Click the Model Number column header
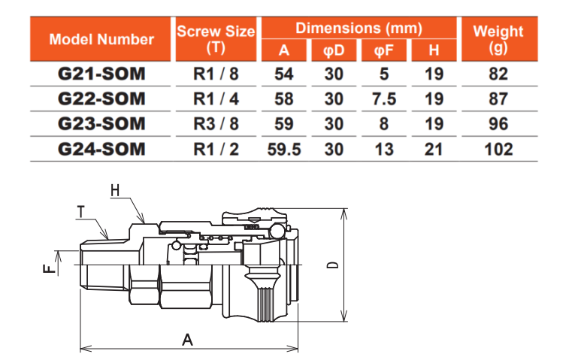pyautogui.click(x=101, y=40)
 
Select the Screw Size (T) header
pyautogui.click(x=216, y=40)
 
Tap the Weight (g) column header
pyautogui.click(x=499, y=40)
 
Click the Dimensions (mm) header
pyautogui.click(x=359, y=29)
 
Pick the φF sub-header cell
pyautogui.click(x=384, y=50)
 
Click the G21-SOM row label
pyautogui.click(x=101, y=74)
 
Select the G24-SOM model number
pyautogui.click(x=101, y=150)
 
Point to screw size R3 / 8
pyautogui.click(x=216, y=124)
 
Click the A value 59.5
pyautogui.click(x=284, y=150)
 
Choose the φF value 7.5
pyautogui.click(x=384, y=99)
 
